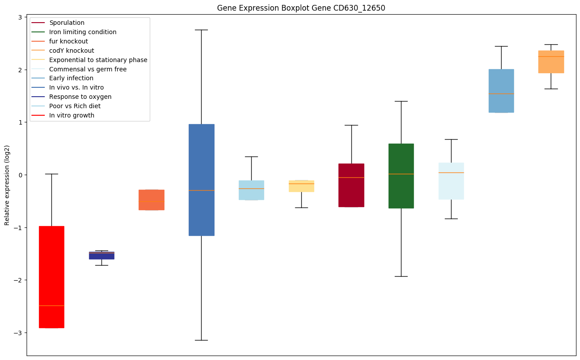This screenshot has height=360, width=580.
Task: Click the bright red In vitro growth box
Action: click(x=51, y=277)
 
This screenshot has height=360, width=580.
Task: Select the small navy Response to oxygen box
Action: click(x=101, y=255)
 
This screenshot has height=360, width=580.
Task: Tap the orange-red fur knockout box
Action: click(x=152, y=200)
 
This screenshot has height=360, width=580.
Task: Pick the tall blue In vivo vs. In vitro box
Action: click(x=202, y=180)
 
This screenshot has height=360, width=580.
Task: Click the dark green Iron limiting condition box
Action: click(x=401, y=176)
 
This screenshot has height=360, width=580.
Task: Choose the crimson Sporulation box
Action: click(x=351, y=185)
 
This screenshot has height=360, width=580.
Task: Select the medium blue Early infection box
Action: click(x=501, y=91)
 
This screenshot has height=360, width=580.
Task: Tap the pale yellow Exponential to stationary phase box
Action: click(x=301, y=186)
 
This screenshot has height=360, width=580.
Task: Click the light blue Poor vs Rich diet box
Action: click(x=251, y=190)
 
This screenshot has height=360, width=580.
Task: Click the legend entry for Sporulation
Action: click(x=67, y=23)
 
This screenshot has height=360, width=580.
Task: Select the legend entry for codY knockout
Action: click(x=71, y=51)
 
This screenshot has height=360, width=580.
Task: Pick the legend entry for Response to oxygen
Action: click(x=80, y=97)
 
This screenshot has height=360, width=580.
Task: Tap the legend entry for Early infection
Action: click(x=71, y=78)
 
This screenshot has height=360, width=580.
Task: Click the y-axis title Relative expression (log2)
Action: click(x=7, y=185)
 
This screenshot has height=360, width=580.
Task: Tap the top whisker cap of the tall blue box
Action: click(x=202, y=30)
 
